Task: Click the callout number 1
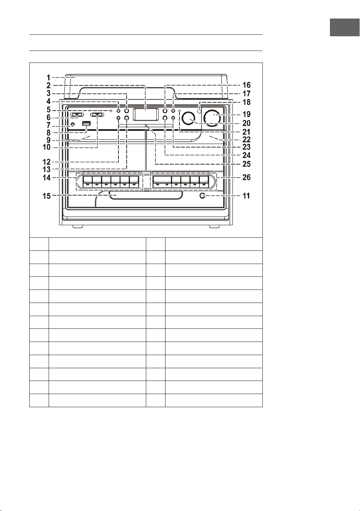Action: pyautogui.click(x=48, y=78)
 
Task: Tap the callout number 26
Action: pyautogui.click(x=247, y=177)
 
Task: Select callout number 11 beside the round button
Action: pyautogui.click(x=246, y=196)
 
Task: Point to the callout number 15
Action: pyautogui.click(x=47, y=196)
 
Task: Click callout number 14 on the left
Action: pyautogui.click(x=47, y=177)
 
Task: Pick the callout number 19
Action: pyautogui.click(x=247, y=114)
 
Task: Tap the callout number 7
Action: pyautogui.click(x=48, y=125)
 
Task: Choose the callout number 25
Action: pyautogui.click(x=247, y=164)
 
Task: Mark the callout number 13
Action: pyautogui.click(x=47, y=169)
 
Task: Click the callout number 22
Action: pyautogui.click(x=247, y=139)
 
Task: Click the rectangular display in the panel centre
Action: pyautogui.click(x=146, y=114)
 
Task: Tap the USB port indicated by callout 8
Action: pyautogui.click(x=86, y=124)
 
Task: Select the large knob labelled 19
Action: pyautogui.click(x=213, y=118)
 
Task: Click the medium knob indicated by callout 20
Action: pyautogui.click(x=189, y=118)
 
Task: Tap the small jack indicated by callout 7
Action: pyautogui.click(x=73, y=125)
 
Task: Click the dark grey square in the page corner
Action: pyautogui.click(x=345, y=28)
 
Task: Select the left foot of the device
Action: pyautogui.click(x=78, y=227)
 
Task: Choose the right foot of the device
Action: pyautogui.click(x=214, y=227)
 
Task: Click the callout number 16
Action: pyautogui.click(x=247, y=85)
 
